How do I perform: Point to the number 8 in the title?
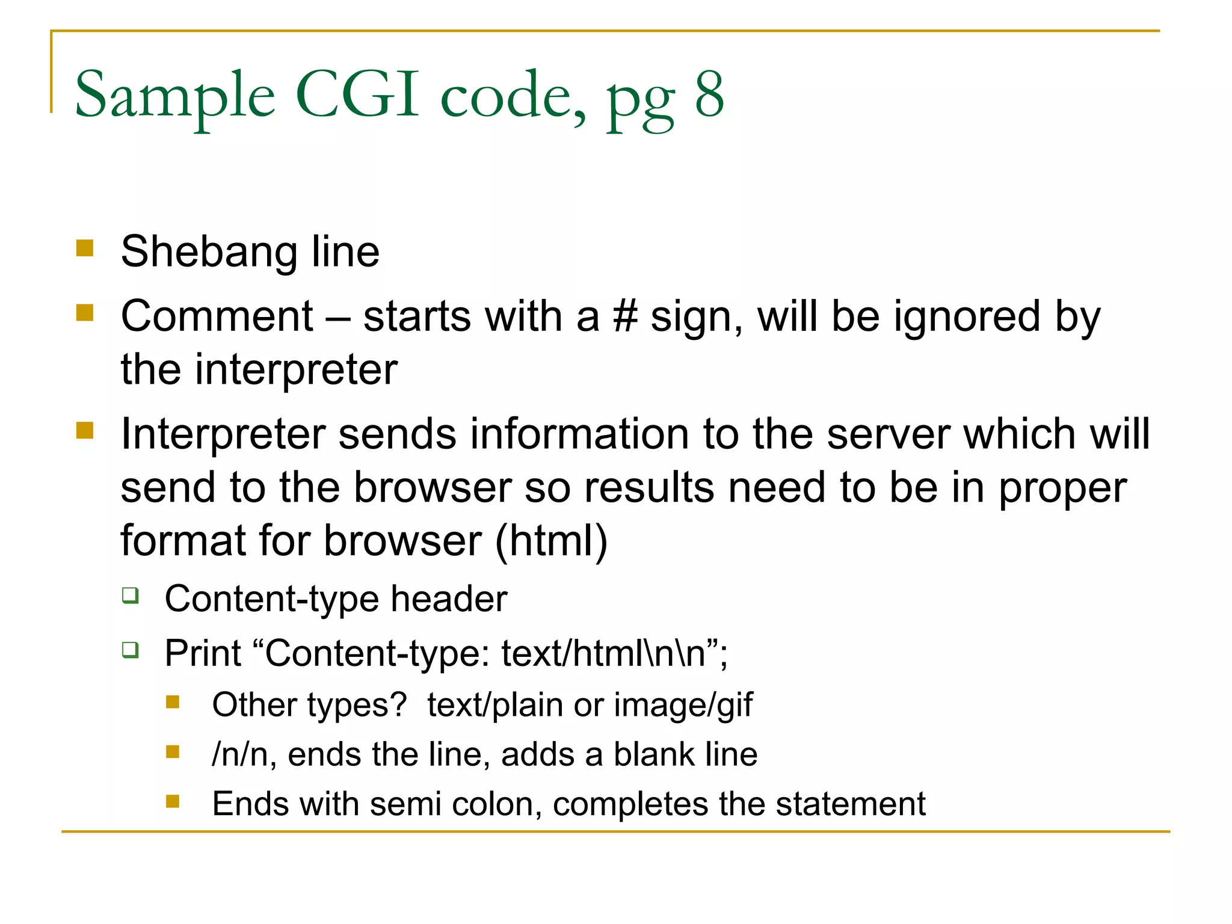pos(709,95)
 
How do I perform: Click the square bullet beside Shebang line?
pos(85,248)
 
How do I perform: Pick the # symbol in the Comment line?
pos(625,316)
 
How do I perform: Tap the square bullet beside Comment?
pos(85,313)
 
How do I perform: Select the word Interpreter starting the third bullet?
pos(223,434)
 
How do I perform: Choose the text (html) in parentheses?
pos(551,541)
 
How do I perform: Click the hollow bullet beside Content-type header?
pos(131,596)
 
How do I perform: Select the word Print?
pos(203,653)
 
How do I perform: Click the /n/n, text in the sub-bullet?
pos(244,754)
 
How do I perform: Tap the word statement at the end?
pos(851,804)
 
